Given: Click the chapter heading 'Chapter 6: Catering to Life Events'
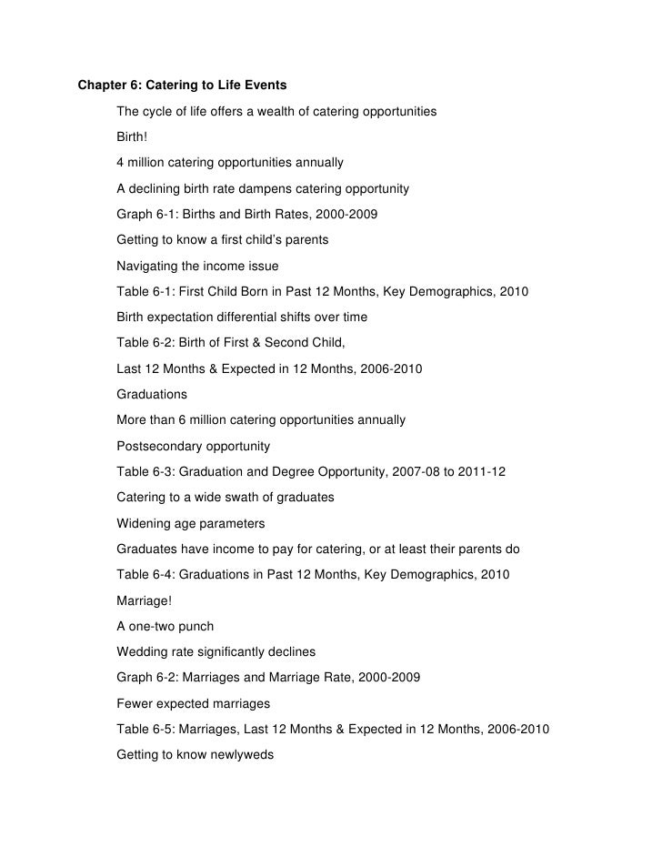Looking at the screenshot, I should coord(182,86).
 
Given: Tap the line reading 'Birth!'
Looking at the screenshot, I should coord(134,137).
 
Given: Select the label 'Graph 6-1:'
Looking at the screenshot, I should coord(148,216).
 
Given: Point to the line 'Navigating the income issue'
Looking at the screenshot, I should coord(197,267).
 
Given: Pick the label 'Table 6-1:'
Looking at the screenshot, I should coord(147,293).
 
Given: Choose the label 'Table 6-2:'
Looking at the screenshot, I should coord(147,344).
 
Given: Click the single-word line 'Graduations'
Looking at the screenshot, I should coord(152,395).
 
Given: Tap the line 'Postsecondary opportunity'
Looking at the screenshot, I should coord(193,447).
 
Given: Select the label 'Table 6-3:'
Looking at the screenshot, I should coord(147,472).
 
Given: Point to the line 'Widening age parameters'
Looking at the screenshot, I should coord(191,524).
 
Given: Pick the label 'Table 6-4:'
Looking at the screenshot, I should coord(147,575).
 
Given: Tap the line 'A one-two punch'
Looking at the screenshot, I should coord(165,627).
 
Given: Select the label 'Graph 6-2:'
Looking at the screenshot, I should coord(148,678).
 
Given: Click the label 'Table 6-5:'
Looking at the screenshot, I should coord(147,730).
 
